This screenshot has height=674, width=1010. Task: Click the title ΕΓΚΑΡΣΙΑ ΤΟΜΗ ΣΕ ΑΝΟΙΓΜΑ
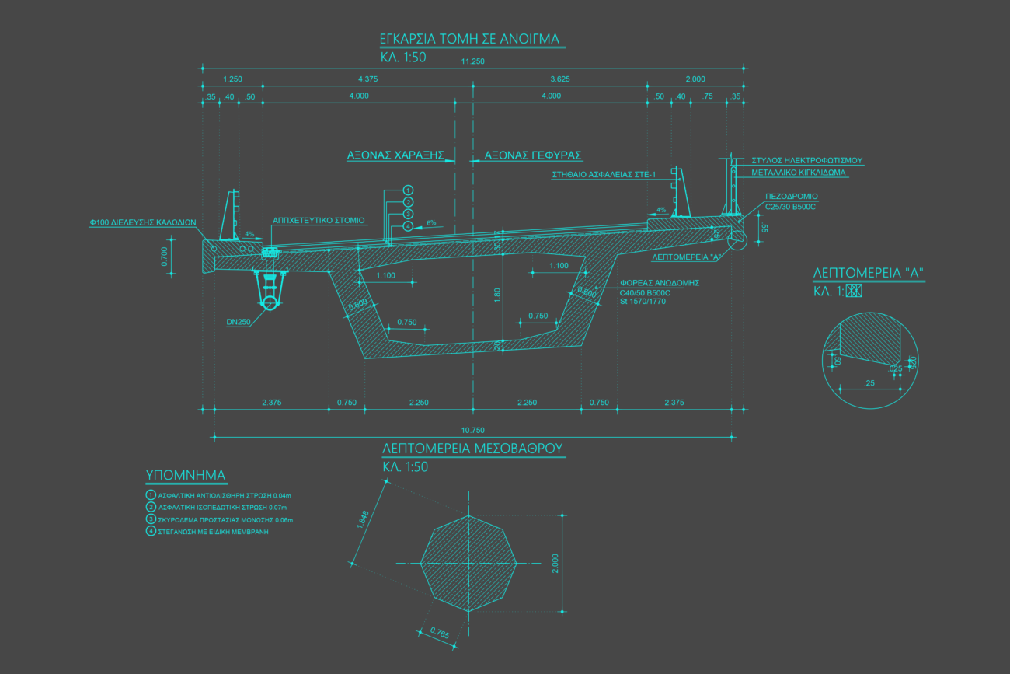[x=469, y=39]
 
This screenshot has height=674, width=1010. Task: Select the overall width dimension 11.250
[x=472, y=61]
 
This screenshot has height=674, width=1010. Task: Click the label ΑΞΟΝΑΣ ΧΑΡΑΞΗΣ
[x=395, y=155]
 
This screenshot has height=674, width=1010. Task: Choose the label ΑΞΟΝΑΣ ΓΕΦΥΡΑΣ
[x=533, y=155]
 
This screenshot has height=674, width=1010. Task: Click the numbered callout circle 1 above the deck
[x=408, y=190]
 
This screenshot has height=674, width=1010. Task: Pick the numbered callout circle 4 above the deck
[x=408, y=226]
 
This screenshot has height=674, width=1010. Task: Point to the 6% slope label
[x=431, y=222]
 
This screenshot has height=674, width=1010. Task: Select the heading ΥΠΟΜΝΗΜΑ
[x=185, y=475]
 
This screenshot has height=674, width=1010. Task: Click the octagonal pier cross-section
[x=468, y=562]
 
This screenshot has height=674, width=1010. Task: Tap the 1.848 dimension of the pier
[x=362, y=519]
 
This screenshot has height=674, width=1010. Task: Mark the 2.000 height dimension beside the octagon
[x=555, y=562]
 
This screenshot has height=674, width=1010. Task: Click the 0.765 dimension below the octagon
[x=439, y=633]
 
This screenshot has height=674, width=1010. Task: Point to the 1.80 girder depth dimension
[x=497, y=295]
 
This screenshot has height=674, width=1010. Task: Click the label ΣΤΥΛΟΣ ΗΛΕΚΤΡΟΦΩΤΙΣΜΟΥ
[x=806, y=160]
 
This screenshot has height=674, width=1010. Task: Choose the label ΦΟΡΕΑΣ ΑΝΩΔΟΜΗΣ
[x=660, y=283]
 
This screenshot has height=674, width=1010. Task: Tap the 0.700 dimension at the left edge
[x=164, y=257]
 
